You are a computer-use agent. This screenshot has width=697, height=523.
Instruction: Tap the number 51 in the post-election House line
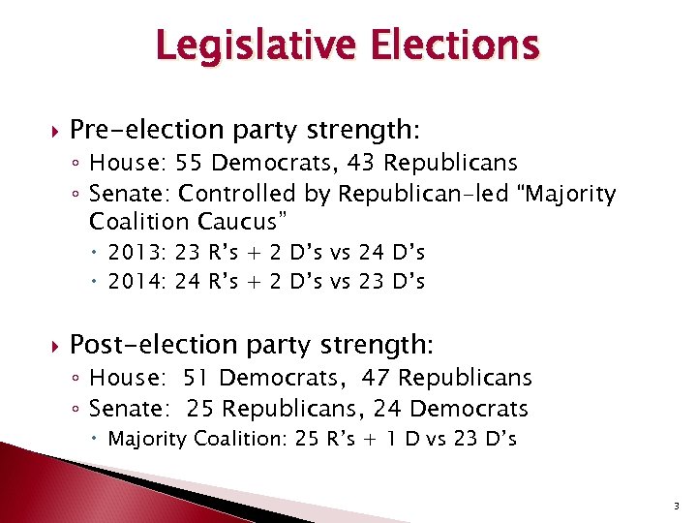[x=232, y=378]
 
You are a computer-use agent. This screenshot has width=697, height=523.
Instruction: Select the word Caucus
[x=239, y=221]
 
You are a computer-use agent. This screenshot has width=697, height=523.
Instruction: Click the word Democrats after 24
[x=469, y=408]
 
